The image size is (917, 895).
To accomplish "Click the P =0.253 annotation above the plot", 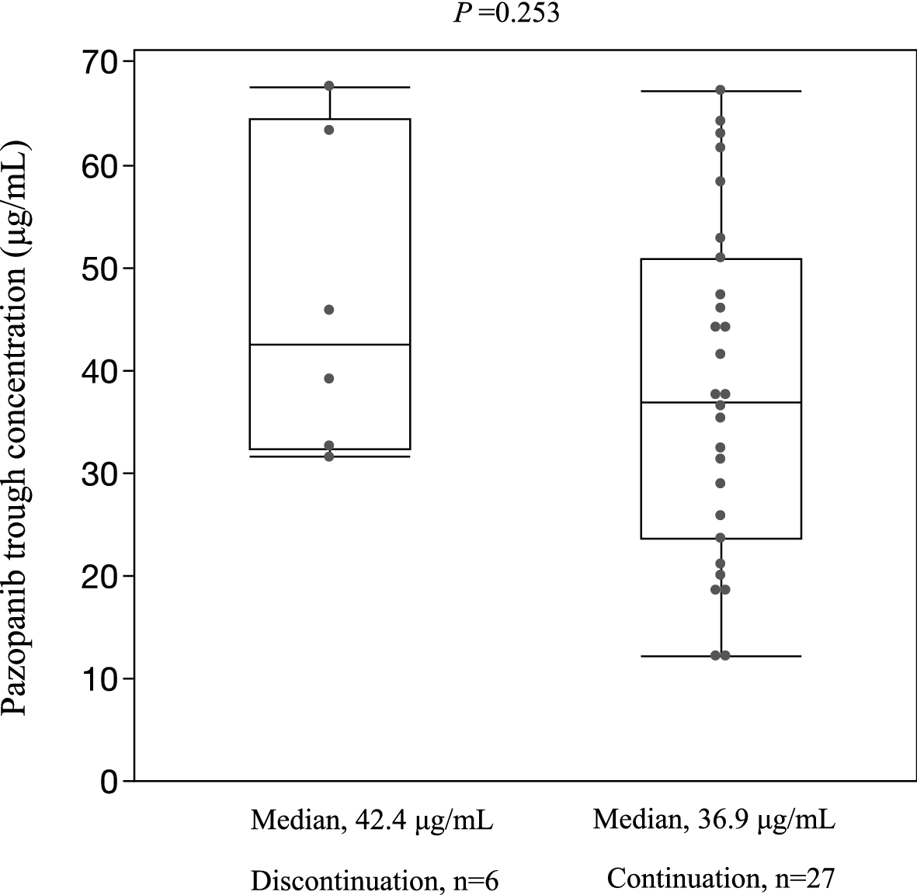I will click(505, 13).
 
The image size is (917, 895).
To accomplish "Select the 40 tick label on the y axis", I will click(101, 371).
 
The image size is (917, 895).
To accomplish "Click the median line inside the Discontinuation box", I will click(329, 344).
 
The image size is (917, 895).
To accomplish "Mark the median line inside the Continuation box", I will click(720, 402).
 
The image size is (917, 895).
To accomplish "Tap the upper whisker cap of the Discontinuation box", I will click(329, 87).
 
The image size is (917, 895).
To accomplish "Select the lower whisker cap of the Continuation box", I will click(720, 656).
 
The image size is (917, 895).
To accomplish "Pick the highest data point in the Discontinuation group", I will click(329, 85).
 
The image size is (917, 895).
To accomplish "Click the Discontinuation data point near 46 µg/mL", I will click(329, 310).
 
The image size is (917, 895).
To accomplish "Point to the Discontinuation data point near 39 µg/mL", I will click(329, 378).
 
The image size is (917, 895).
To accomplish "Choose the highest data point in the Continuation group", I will click(720, 90).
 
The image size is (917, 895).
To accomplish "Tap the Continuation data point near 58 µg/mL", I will click(720, 181).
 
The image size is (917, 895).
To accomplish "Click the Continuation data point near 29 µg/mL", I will click(720, 483).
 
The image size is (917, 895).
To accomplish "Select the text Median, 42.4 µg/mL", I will click(371, 820).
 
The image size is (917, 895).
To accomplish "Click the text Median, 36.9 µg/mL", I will click(714, 820).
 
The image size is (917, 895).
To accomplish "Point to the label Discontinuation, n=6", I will click(374, 880).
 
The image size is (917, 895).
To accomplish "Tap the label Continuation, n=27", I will click(720, 879).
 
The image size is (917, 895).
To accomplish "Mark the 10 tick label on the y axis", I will click(101, 678).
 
